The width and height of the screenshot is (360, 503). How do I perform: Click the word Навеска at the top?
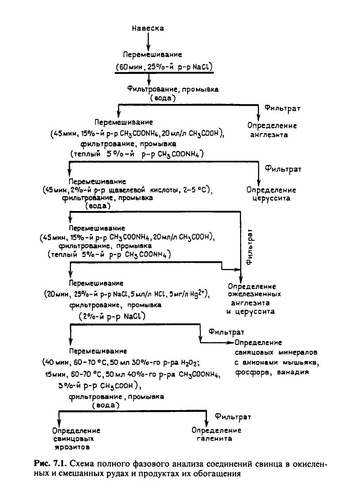[x=148, y=28]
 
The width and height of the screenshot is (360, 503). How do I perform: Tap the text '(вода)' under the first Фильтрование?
[x=163, y=97]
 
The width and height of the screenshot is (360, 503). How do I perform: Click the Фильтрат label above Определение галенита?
[x=233, y=417]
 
